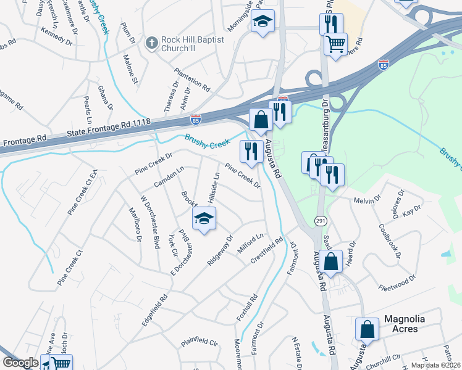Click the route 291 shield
pos(321,221)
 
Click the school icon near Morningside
pos(262,22)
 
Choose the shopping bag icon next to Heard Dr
pos(332,261)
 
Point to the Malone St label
pos(130,69)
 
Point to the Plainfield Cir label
pos(199,343)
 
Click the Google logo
pos(20,363)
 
